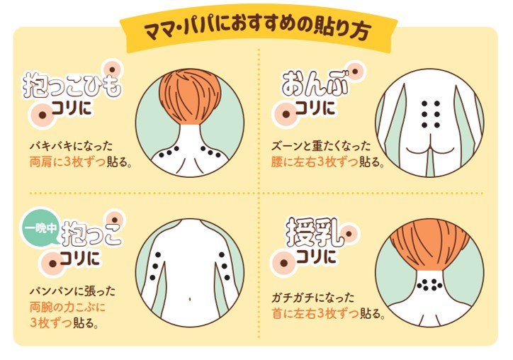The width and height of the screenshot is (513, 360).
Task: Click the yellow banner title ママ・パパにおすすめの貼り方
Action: (258, 30)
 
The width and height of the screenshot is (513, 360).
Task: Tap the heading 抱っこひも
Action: (72, 86)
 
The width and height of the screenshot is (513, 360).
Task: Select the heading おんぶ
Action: (315, 84)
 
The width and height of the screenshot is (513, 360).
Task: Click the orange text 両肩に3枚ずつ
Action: (68, 162)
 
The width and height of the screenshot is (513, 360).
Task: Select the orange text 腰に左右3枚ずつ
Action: (315, 162)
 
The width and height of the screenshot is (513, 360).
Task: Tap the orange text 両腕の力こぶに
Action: (68, 308)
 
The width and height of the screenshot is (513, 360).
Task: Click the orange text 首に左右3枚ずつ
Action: (315, 313)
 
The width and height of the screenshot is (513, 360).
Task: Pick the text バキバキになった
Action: (72, 146)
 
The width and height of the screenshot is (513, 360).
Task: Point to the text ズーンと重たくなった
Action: (321, 146)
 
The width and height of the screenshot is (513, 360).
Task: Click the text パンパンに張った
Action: (73, 291)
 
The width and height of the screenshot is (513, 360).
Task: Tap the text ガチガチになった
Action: (313, 298)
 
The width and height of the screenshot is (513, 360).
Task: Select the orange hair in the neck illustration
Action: (431, 248)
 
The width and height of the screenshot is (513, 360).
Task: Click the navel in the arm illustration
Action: (190, 299)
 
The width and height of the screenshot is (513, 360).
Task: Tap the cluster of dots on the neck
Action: (429, 284)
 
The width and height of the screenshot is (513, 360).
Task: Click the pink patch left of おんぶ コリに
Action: (286, 114)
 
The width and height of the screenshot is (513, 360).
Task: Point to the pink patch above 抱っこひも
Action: (112, 69)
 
